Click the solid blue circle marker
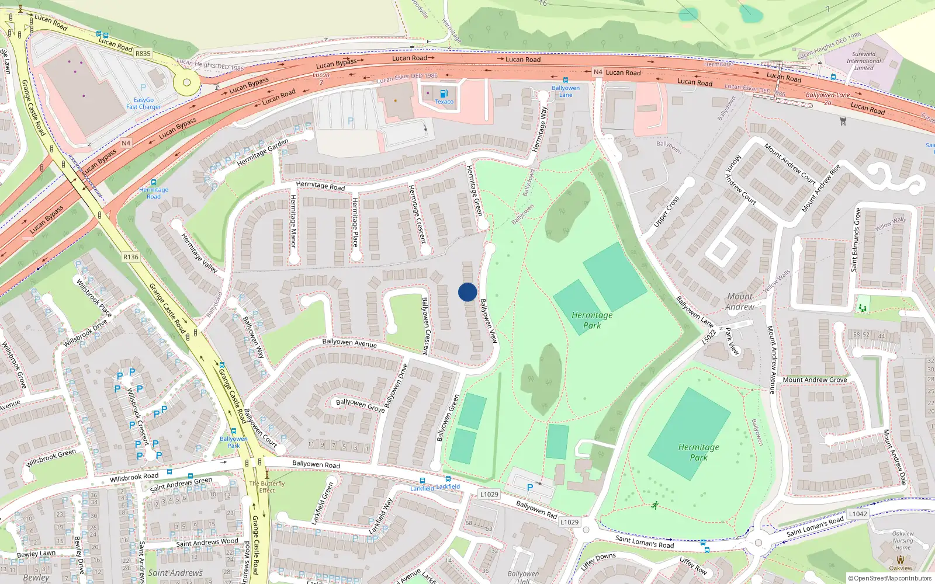coord(467,292)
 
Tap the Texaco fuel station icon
coord(444,93)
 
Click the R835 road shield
coord(143,54)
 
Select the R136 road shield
coord(131,257)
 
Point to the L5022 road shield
coord(709,337)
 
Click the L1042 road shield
coord(858,514)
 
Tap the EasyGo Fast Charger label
coord(144,103)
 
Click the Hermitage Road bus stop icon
coord(154,183)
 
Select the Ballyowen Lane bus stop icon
coord(565,81)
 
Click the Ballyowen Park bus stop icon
coord(234,432)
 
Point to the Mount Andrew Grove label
coord(815,380)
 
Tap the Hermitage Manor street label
coord(293,221)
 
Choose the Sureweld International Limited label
coord(864,61)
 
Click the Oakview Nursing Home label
coord(903,540)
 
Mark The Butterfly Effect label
coord(267,487)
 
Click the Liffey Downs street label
coord(598,561)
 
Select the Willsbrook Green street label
coord(51,457)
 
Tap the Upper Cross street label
coord(666,211)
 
